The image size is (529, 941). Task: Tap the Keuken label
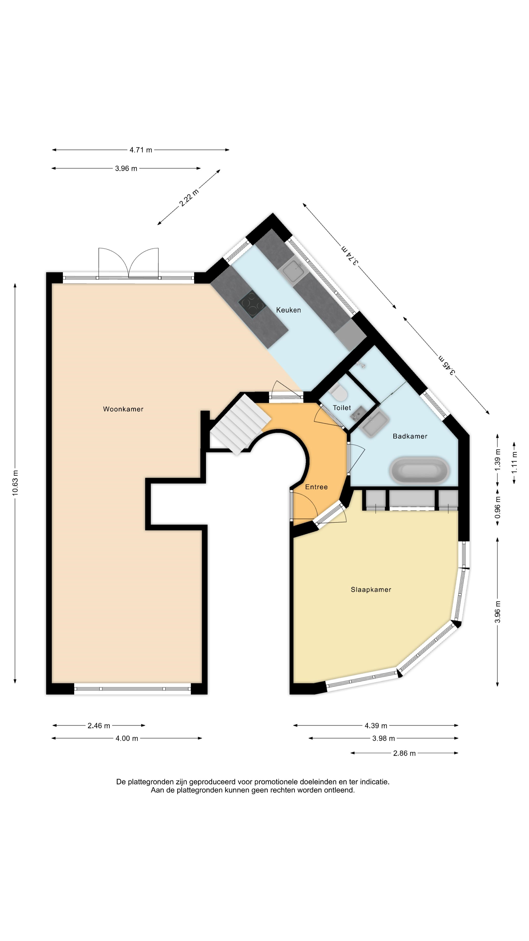(x=289, y=310)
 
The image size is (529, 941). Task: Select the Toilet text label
(x=342, y=408)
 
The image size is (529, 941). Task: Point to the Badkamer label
(x=410, y=436)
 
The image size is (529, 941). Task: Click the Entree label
(x=316, y=487)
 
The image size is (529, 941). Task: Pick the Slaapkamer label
(x=371, y=590)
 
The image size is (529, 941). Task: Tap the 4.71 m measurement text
(x=141, y=150)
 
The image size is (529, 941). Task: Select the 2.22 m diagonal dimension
(x=189, y=197)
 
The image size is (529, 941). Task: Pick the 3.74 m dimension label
(x=350, y=254)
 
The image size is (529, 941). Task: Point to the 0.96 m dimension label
(x=498, y=507)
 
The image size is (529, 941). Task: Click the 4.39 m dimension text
(x=376, y=725)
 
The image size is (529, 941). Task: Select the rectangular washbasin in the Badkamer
(x=374, y=423)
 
